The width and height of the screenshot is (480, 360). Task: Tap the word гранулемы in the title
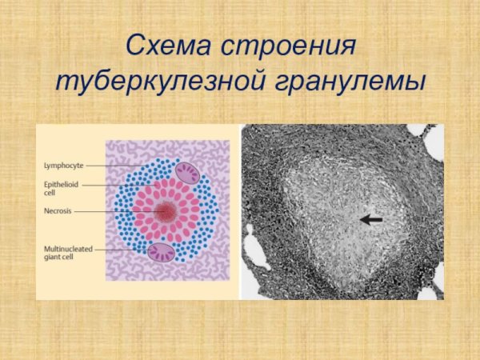[355, 82]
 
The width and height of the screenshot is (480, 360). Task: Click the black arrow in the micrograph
[370, 218]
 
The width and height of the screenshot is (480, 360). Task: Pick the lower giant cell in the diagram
[162, 253]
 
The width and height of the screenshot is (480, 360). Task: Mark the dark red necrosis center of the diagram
[166, 212]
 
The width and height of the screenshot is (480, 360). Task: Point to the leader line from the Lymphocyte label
[112, 166]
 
